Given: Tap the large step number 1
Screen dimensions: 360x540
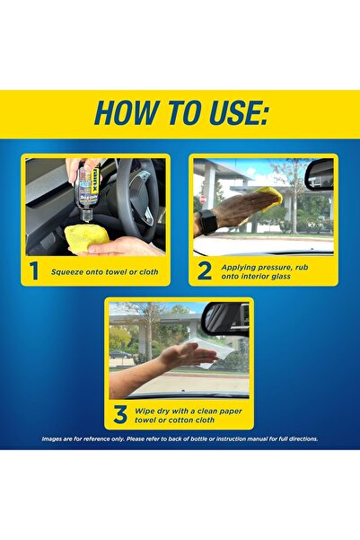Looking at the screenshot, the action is [34, 270].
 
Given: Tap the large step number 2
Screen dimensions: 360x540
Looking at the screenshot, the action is [205, 271].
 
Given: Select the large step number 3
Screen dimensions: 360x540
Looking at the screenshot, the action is [120, 414].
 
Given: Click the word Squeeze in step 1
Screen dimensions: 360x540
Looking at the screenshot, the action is [67, 272].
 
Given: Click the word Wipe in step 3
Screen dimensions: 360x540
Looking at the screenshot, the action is [144, 411].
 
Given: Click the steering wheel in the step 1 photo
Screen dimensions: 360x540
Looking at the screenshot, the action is [137, 199].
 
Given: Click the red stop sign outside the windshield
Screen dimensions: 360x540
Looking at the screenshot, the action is [203, 199].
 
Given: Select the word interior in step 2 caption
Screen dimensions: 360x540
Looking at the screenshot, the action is [247, 276].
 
